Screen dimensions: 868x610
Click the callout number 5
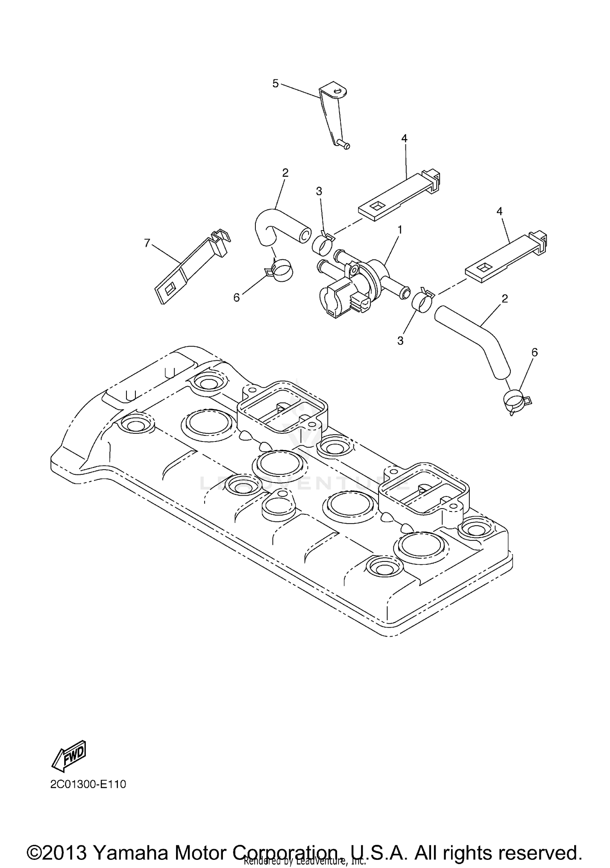[275, 84]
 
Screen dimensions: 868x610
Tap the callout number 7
[147, 243]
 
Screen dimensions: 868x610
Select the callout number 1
[400, 230]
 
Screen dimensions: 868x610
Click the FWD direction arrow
[69, 755]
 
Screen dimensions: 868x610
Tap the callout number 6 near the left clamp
[237, 298]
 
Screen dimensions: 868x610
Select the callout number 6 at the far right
[534, 352]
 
